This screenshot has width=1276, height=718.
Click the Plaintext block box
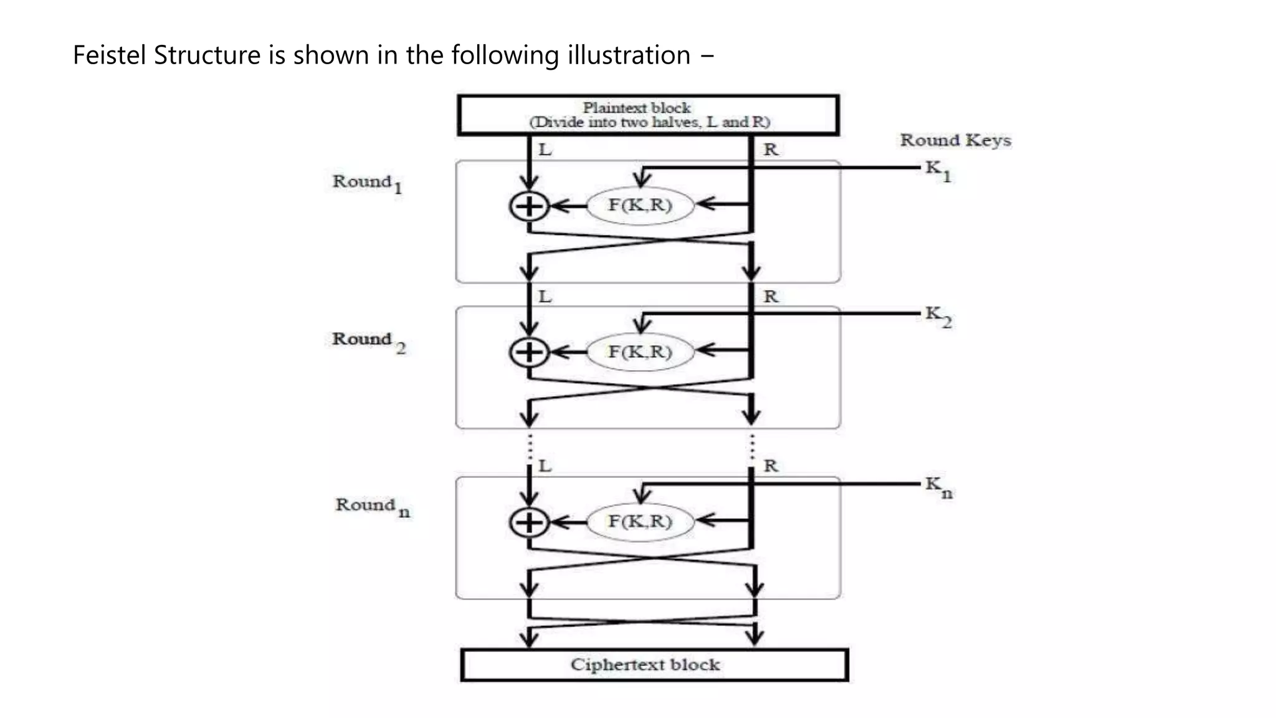pos(648,115)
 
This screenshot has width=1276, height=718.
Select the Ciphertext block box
pos(654,665)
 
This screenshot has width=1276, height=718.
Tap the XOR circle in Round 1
pos(529,206)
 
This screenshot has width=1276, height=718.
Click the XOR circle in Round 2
pos(529,352)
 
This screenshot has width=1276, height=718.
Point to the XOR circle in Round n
pos(529,522)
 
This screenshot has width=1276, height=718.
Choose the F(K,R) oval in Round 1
pos(640,205)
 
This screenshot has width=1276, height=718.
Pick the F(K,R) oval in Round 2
pos(640,352)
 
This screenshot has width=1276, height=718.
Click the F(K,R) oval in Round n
pos(640,522)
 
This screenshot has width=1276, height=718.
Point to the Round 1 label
pos(367,183)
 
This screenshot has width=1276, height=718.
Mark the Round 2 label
pos(368,341)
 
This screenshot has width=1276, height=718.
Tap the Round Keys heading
pos(955,141)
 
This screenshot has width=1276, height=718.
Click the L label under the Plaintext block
pos(545,150)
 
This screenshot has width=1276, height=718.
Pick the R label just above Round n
pos(771,466)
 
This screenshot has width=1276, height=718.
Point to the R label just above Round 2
pos(771,297)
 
